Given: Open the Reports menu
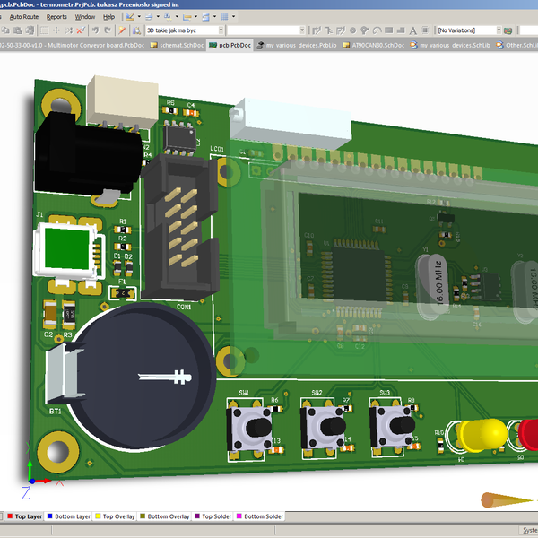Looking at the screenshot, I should [56, 17].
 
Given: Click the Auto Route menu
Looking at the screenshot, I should [23, 17].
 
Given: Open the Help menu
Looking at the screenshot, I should [108, 17].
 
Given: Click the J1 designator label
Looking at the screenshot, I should [39, 214].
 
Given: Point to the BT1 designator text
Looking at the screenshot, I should [55, 412].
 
